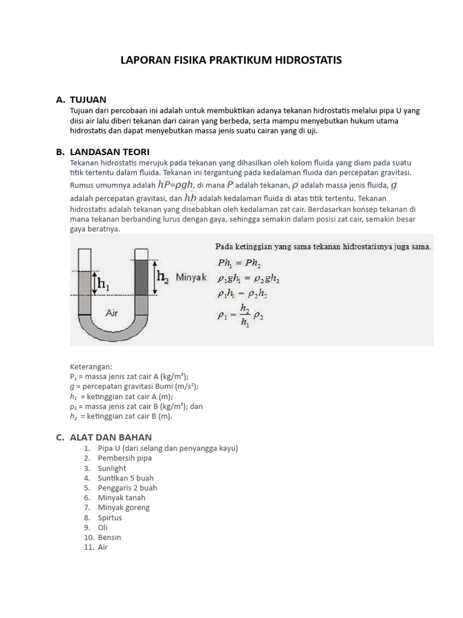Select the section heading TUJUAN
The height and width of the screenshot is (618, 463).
(88, 100)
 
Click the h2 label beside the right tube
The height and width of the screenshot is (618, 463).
(163, 276)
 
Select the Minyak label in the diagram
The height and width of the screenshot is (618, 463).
(191, 278)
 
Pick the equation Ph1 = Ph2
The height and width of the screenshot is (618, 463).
(239, 263)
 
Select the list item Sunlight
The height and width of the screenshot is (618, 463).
(112, 468)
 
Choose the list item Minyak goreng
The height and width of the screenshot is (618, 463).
(124, 508)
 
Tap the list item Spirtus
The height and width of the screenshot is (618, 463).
(110, 517)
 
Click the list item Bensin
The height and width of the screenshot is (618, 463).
(109, 537)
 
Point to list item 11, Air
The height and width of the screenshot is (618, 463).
(102, 547)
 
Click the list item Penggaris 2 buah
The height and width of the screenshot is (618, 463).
(127, 488)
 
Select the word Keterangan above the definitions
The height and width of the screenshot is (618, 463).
(91, 366)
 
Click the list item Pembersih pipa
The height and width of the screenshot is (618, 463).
(125, 458)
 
